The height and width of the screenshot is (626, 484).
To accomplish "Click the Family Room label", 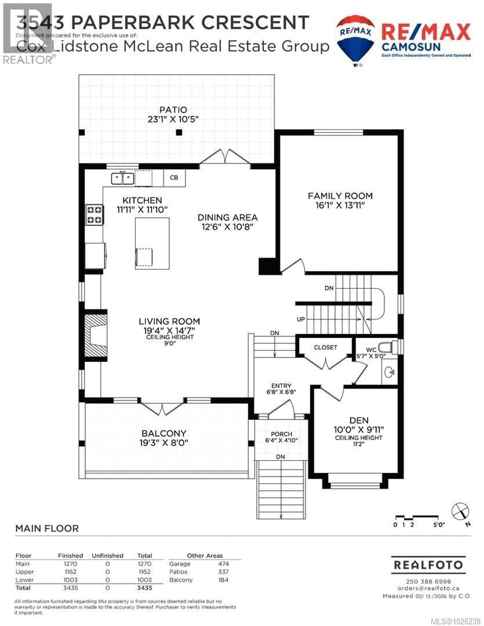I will [x=340, y=196].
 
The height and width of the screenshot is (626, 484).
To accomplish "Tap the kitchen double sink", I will [x=122, y=178].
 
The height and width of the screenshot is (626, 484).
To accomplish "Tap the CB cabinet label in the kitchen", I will [x=174, y=178].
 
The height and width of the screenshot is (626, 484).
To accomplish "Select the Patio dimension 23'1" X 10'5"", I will [x=173, y=119].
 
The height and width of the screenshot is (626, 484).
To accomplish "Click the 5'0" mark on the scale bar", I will [x=439, y=525].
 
